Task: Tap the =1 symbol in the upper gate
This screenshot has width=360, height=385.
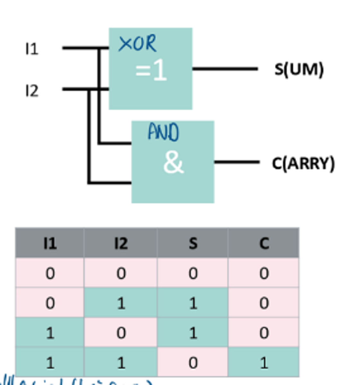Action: tap(151, 71)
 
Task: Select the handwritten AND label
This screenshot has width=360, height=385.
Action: tap(163, 132)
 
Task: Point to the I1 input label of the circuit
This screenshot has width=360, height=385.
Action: tap(32, 49)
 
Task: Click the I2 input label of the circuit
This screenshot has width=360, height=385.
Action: tap(32, 91)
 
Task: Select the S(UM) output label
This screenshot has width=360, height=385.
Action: tap(299, 69)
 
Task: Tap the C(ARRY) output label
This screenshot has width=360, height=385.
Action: tap(303, 163)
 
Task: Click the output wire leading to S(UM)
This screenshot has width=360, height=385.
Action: tap(225, 69)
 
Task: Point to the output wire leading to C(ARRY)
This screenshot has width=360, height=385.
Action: tap(237, 162)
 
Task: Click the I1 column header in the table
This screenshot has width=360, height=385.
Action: tap(50, 244)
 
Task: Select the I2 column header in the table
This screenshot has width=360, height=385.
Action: tap(121, 244)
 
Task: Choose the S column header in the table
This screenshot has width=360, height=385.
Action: tap(193, 244)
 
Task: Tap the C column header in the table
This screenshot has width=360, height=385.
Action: tap(264, 244)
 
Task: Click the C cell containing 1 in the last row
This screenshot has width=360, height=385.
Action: tap(264, 363)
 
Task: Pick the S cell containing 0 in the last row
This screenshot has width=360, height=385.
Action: tap(193, 363)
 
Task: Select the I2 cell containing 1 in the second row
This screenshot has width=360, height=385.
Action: tap(121, 303)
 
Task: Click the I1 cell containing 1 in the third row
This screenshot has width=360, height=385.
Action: tap(50, 333)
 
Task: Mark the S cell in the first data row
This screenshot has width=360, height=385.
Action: tap(193, 273)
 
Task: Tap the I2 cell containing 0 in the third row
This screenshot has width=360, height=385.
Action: tap(121, 333)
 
